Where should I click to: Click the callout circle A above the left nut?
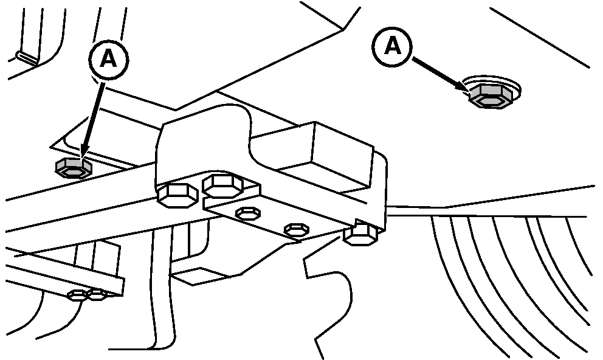tap(108, 58)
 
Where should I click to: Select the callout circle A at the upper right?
tap(393, 47)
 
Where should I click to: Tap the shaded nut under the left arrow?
tap(74, 168)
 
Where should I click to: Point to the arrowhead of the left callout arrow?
tap(84, 154)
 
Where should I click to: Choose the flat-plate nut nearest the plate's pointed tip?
tap(296, 229)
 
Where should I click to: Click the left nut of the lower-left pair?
tap(78, 296)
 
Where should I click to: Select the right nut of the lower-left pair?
tap(97, 296)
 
